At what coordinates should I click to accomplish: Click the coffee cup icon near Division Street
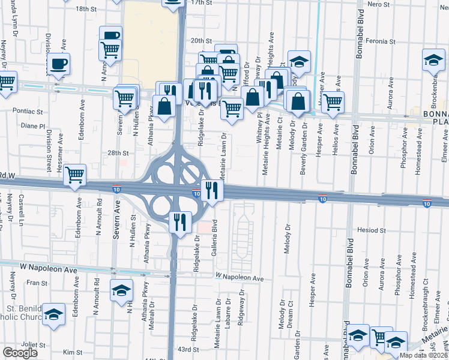(x=58, y=64)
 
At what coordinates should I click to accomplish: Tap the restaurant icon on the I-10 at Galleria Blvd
(x=212, y=190)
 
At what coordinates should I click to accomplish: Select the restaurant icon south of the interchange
(x=180, y=221)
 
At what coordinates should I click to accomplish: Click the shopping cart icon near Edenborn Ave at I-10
(x=74, y=175)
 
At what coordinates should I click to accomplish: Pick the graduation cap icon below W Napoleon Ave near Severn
(x=121, y=290)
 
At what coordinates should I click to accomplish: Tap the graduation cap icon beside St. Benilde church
(x=53, y=314)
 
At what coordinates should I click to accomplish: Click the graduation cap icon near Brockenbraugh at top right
(x=433, y=61)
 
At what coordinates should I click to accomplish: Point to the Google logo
(x=20, y=353)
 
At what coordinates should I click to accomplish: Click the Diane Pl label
(x=32, y=127)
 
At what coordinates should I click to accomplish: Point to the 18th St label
(x=86, y=9)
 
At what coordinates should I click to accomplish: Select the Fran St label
(x=37, y=282)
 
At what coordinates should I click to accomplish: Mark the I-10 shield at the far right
(x=427, y=203)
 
